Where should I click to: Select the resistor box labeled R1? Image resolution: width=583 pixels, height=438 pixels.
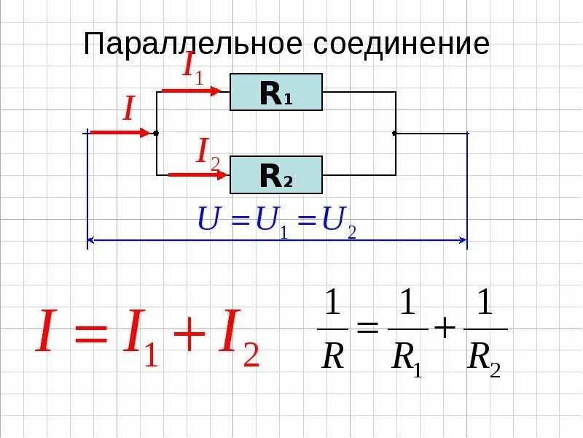[x=276, y=92]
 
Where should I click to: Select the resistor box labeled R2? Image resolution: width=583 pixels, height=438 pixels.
[x=276, y=175]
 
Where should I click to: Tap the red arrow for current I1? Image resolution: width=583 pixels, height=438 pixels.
[x=190, y=91]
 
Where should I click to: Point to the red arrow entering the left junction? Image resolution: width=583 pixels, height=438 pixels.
[x=120, y=133]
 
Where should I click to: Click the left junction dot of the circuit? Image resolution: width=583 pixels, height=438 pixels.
[x=157, y=134]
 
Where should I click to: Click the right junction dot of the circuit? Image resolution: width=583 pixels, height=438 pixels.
[x=395, y=134]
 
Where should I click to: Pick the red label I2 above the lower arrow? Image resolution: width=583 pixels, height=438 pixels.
[x=208, y=153]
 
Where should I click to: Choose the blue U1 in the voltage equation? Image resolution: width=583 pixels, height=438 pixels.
[x=273, y=221]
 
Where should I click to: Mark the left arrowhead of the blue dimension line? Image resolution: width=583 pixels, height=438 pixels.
[x=92, y=239]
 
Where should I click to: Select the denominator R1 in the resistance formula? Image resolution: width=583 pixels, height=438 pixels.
[x=407, y=357]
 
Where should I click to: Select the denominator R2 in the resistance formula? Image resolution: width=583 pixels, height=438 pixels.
[x=485, y=357]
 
